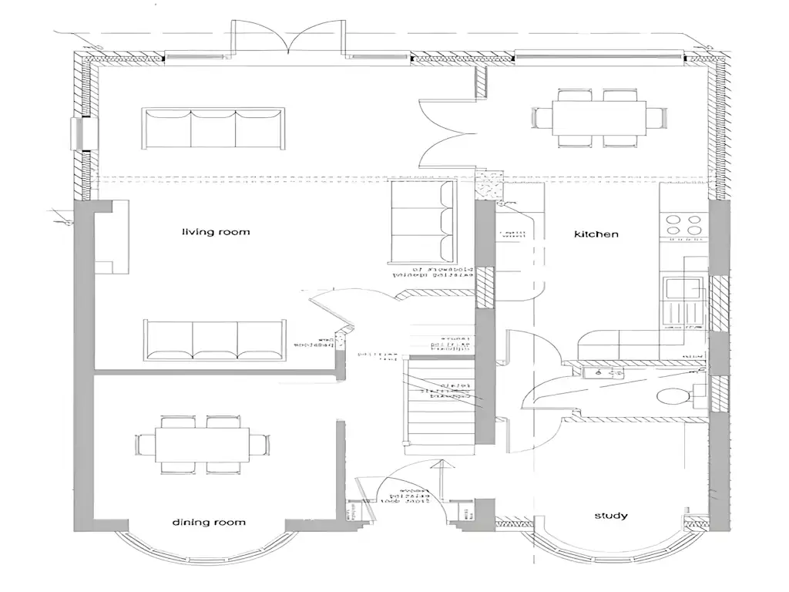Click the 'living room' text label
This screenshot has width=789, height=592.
click(216, 232)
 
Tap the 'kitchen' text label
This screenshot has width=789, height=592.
click(596, 234)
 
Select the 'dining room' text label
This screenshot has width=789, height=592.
click(208, 523)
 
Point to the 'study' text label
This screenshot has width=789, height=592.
click(610, 516)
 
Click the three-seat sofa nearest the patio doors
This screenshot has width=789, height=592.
click(213, 128)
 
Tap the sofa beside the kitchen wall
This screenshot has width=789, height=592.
click(422, 222)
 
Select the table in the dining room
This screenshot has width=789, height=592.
click(203, 445)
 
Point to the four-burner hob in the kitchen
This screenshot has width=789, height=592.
click(683, 224)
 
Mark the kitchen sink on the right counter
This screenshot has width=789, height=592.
click(683, 289)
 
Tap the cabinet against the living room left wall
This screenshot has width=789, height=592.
click(109, 237)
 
